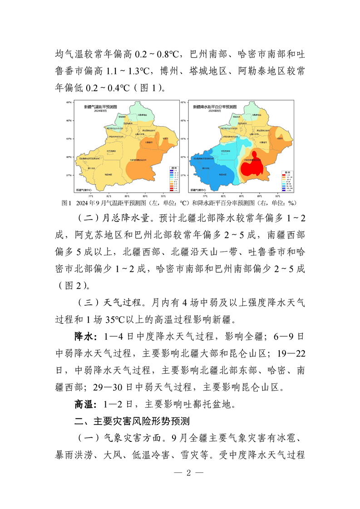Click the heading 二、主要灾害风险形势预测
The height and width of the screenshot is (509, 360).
[x=132, y=421]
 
